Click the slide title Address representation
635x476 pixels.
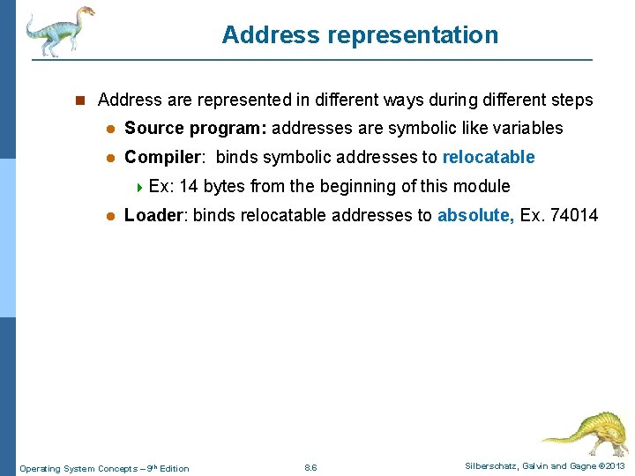pyautogui.click(x=360, y=35)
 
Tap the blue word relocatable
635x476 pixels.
pyautogui.click(x=488, y=158)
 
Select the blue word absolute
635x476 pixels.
pyautogui.click(x=474, y=215)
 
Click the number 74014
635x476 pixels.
pyautogui.click(x=573, y=215)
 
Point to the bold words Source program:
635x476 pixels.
pyautogui.click(x=195, y=129)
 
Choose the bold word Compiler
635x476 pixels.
pyautogui.click(x=164, y=158)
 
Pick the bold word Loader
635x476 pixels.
pyautogui.click(x=154, y=215)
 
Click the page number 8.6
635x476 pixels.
pyautogui.click(x=310, y=467)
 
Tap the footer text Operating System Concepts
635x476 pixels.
pyautogui.click(x=79, y=468)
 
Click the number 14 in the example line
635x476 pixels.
pyautogui.click(x=188, y=186)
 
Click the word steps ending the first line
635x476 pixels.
pyautogui.click(x=571, y=100)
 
